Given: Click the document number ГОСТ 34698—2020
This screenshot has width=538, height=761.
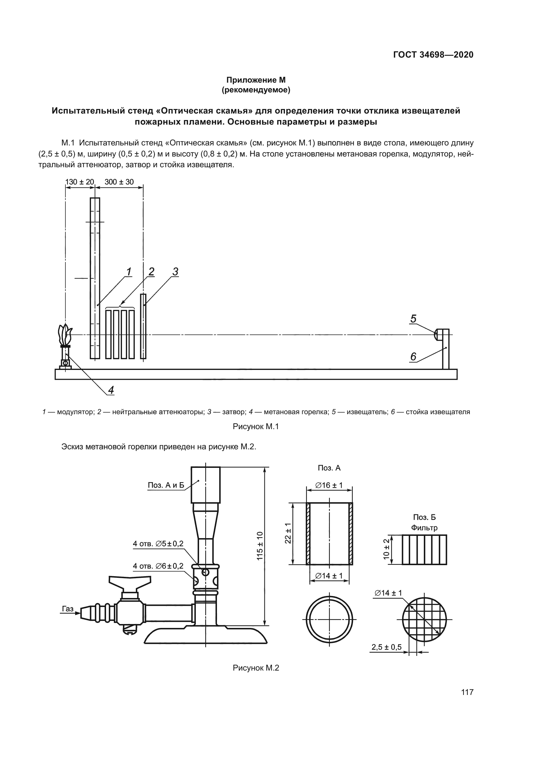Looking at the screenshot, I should pos(433,55).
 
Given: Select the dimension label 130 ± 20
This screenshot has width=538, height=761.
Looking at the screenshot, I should pos(79,182).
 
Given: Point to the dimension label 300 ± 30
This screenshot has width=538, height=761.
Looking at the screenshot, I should pos(119,182).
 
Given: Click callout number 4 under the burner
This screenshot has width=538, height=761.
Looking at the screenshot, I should pos(111,390).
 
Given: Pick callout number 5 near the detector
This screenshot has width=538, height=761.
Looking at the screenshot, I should pos(413,319).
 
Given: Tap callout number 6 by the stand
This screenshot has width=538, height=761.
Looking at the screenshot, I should pos(413,357).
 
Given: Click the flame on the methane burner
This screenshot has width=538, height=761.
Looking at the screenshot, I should pos(65,335).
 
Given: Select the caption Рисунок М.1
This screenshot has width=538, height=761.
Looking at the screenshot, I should pos(256,427).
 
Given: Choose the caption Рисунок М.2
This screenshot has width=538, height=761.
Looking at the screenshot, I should pos(256,668).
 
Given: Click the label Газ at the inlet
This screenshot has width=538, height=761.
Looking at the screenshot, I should pos(68,608).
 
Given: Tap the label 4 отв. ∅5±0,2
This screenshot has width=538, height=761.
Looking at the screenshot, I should pos(158,544).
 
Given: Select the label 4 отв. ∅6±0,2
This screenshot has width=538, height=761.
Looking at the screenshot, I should pos(158,566).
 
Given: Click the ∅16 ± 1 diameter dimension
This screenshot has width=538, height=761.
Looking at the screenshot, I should pos(329,485).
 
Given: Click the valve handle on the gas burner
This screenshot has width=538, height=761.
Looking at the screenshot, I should pos(130,581).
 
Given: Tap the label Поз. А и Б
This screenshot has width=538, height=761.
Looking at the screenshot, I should pos(166,485).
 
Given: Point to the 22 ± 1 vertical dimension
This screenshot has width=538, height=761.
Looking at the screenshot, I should pos(288,534).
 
